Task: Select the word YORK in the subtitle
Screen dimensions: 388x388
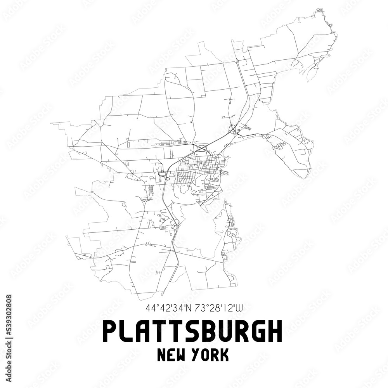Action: tap(213, 355)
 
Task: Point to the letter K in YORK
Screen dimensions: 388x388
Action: tap(224, 355)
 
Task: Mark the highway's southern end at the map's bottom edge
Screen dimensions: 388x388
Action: tap(162, 294)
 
